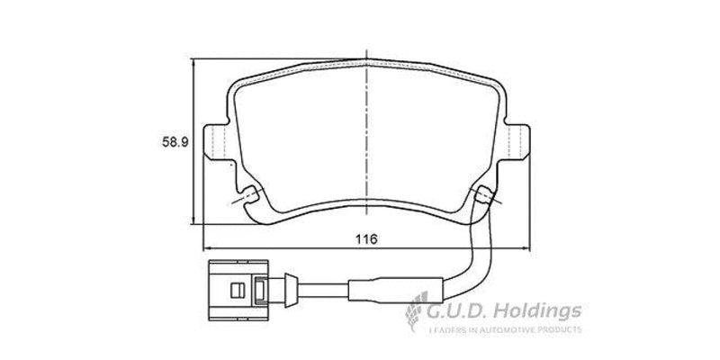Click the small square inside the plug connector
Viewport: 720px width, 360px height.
coord(237,291)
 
